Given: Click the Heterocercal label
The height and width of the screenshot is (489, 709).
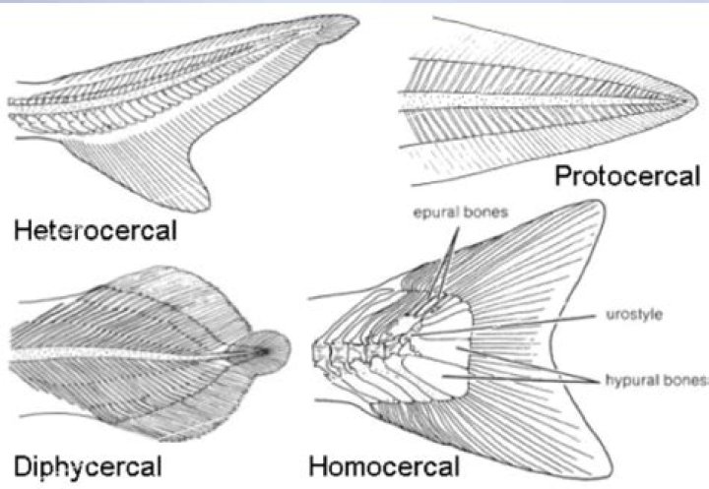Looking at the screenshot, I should (96, 231).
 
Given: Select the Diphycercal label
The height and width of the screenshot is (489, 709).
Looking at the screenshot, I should (87, 463).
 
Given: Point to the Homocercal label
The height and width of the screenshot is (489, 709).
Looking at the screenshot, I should (383, 463).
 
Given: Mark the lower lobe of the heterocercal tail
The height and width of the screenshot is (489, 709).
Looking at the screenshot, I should (197, 177).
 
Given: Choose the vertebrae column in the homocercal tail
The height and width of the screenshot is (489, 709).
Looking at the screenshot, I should (359, 349).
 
